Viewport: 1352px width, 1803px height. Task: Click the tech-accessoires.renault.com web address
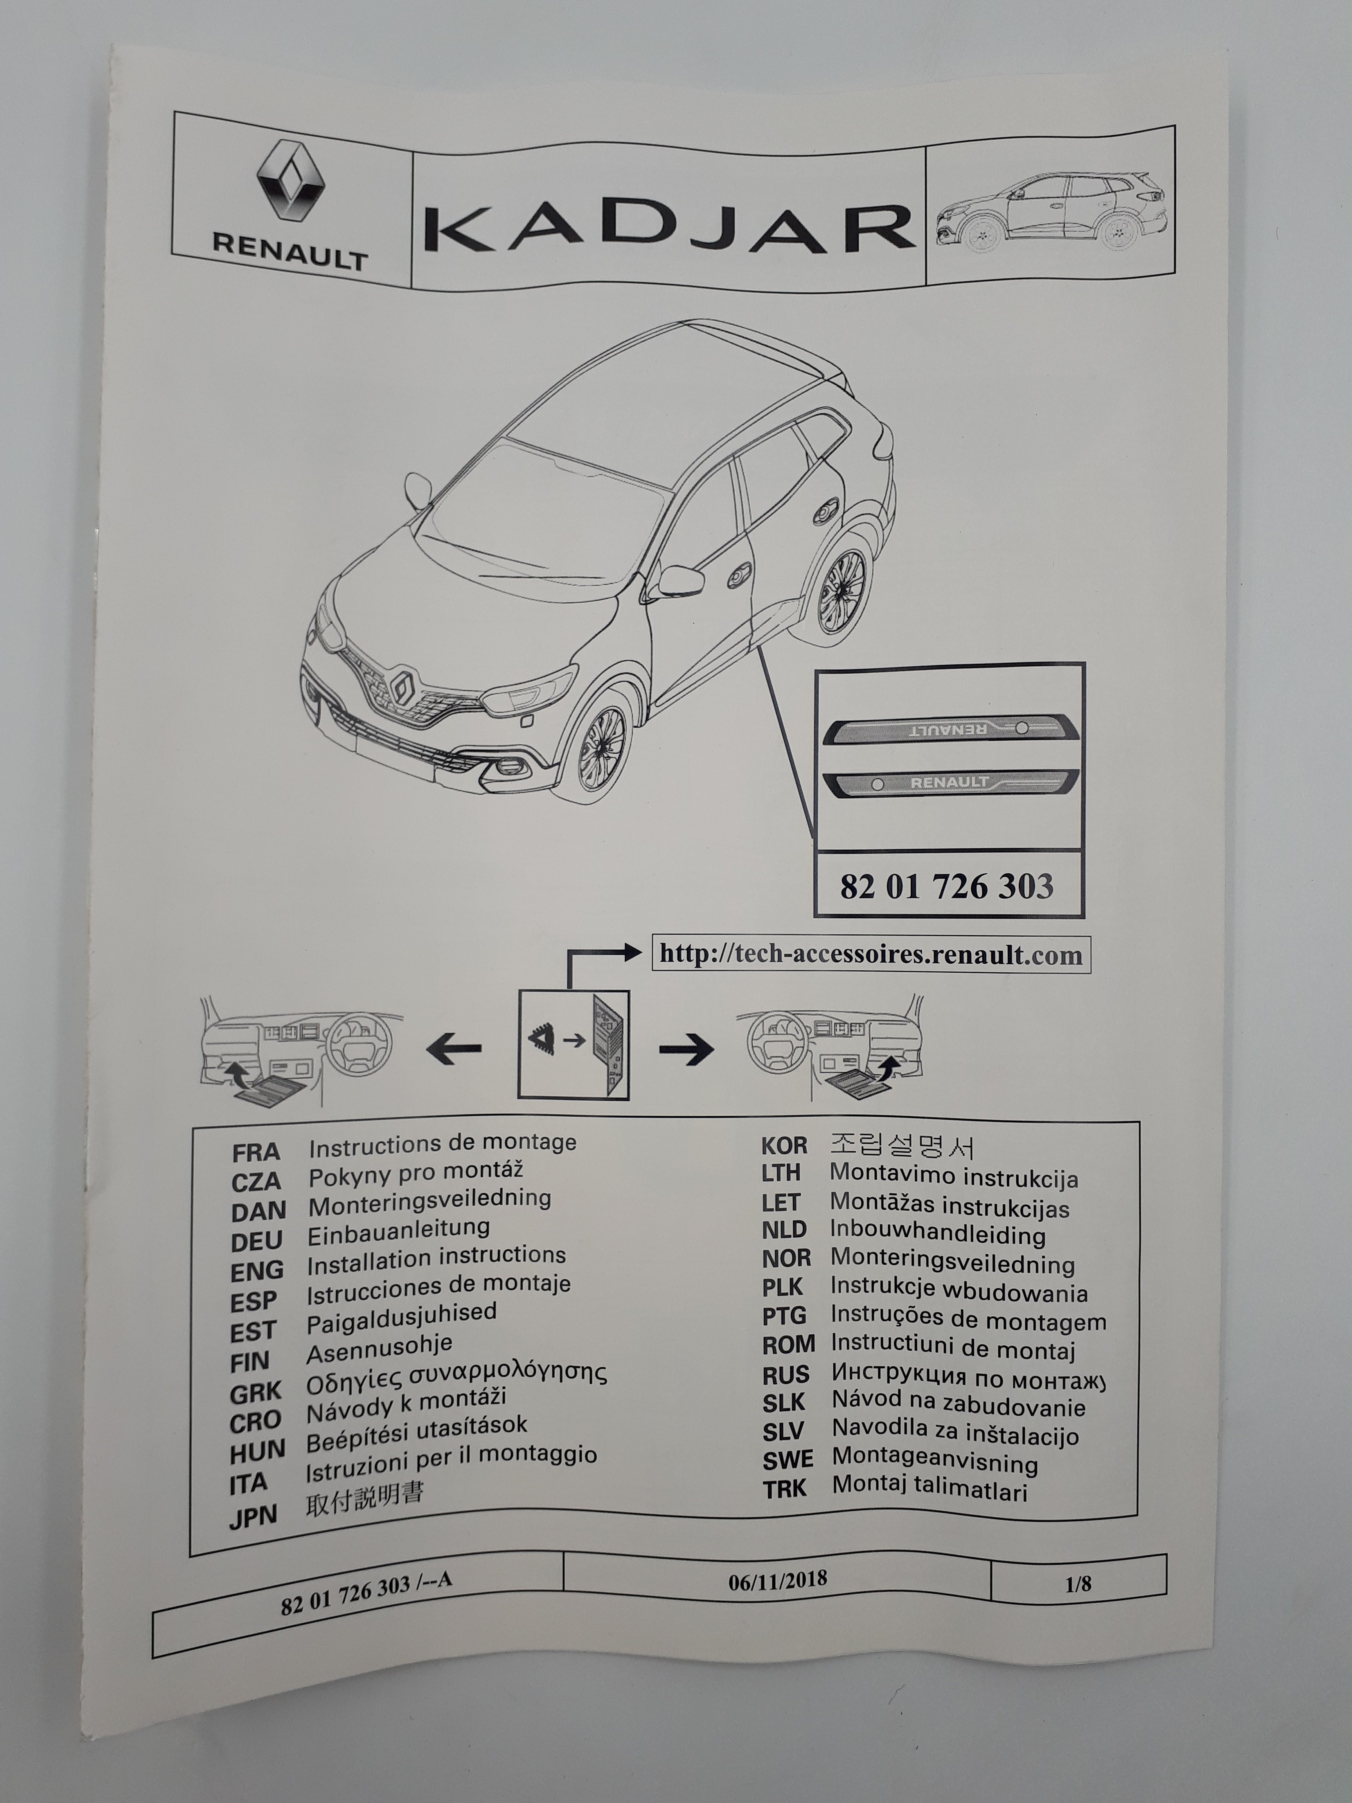870,954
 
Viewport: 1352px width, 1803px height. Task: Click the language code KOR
784,1145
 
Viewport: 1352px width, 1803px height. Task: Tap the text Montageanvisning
935,1461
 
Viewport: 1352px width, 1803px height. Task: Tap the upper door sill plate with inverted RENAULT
950,728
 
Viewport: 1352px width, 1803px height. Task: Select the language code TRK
785,1488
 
